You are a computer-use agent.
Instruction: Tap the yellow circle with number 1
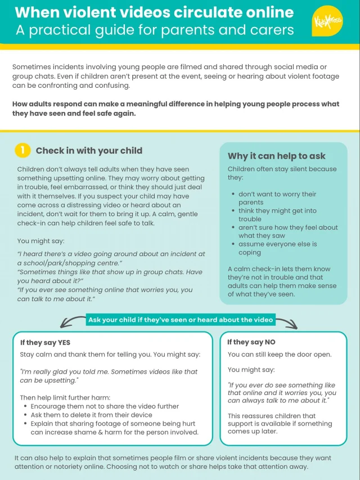point(22,150)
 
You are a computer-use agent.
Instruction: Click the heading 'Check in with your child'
point(89,150)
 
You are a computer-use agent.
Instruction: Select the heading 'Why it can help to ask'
point(276,156)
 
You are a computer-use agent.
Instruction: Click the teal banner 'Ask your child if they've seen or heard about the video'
point(180,320)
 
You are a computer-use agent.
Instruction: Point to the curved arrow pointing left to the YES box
point(71,322)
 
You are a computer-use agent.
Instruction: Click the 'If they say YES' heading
point(45,343)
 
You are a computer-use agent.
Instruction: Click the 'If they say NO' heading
point(251,342)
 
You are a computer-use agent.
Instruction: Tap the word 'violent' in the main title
point(92,12)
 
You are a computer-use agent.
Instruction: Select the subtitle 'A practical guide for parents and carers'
point(155,30)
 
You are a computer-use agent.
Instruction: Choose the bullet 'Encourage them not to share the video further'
point(105,406)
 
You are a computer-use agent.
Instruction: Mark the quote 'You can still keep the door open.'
point(280,355)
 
